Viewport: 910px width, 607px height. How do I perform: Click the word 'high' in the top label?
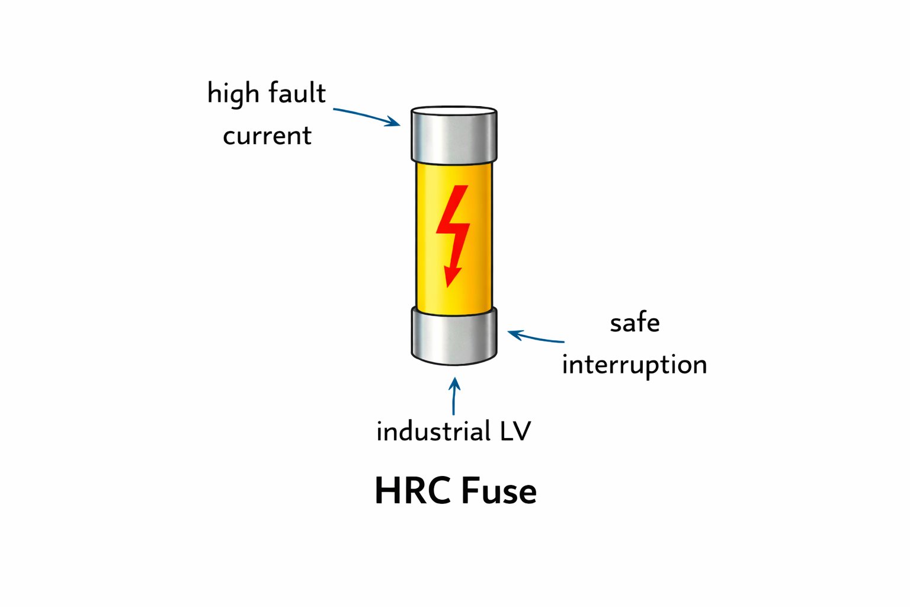coord(233,94)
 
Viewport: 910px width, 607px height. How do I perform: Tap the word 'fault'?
coord(297,93)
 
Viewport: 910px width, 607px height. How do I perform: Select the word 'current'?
coord(267,136)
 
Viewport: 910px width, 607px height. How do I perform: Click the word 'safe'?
coord(635,324)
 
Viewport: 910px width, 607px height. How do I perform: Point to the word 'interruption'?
coord(635,365)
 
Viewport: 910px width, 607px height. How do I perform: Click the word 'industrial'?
coord(433,432)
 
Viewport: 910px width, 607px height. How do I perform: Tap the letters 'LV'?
coord(515,432)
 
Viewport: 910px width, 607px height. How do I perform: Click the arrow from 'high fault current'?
coord(364,116)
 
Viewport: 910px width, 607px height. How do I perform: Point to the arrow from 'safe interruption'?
coord(536,338)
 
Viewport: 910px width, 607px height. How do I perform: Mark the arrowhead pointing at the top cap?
coord(394,123)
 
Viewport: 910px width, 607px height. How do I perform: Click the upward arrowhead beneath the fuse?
coord(454,383)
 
